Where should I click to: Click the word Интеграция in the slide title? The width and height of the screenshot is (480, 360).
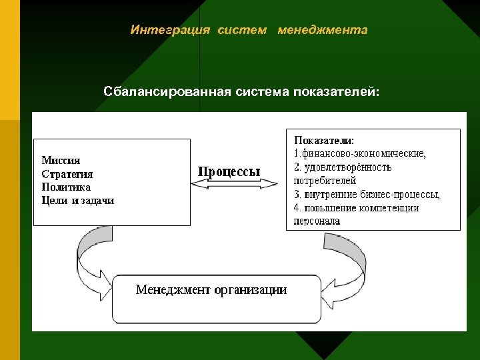point(170,30)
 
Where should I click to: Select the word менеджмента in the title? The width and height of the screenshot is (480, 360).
point(322,30)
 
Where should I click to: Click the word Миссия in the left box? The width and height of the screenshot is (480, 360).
point(61,160)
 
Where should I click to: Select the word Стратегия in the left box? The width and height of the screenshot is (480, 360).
point(67,174)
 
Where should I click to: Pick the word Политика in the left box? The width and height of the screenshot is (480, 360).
point(66,187)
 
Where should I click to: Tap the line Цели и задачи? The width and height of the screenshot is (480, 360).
point(78,201)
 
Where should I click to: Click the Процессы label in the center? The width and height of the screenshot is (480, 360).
point(229,171)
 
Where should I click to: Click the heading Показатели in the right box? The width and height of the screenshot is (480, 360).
point(324,141)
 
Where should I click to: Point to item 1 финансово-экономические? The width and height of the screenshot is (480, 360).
point(360,153)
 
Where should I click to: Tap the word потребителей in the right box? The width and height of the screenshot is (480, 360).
point(325,181)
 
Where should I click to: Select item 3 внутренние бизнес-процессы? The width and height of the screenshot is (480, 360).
point(367,195)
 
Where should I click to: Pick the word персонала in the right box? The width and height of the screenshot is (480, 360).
point(317,221)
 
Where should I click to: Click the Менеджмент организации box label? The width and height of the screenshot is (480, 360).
point(211,290)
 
